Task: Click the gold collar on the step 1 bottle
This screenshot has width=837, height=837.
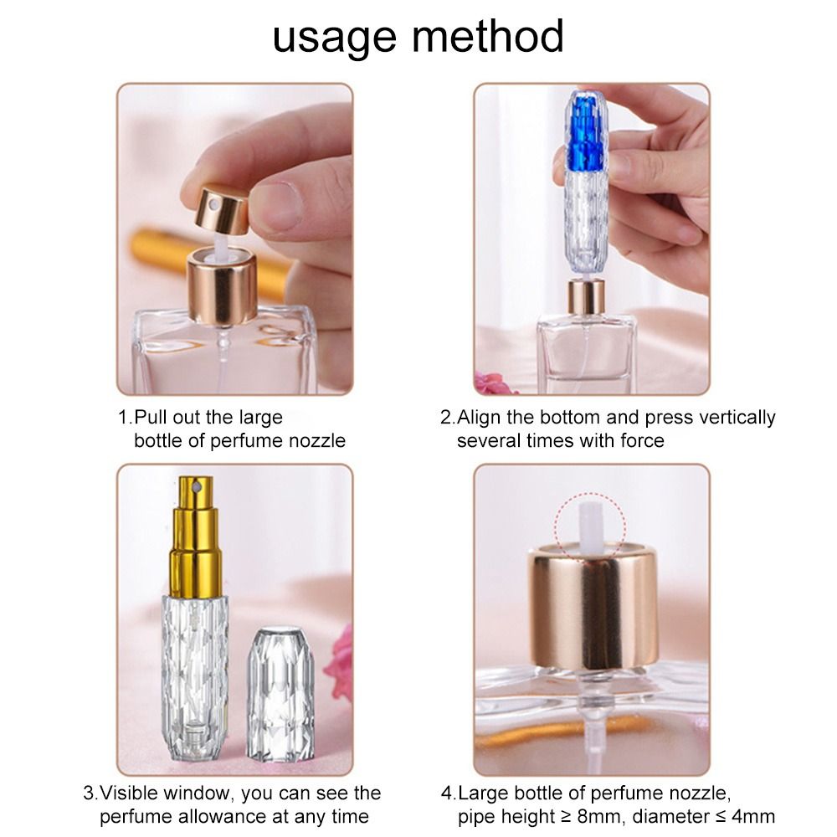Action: tap(221, 289)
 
